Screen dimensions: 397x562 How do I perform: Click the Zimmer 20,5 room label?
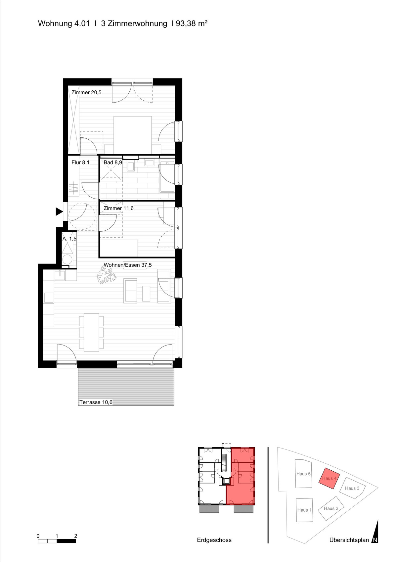86,93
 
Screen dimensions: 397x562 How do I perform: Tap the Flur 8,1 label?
80,163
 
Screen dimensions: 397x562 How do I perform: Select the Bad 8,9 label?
113,163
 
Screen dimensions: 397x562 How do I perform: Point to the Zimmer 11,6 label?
119,208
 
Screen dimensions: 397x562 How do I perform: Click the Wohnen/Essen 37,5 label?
128,265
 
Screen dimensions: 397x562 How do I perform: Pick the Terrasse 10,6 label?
96,402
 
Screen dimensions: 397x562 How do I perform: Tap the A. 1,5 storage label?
69,239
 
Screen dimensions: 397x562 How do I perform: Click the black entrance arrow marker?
59,212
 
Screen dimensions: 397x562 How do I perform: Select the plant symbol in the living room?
107,275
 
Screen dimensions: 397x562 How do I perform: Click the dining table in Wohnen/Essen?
91,332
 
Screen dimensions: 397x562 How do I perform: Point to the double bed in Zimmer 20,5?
133,135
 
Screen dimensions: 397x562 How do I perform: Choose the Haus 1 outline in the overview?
304,510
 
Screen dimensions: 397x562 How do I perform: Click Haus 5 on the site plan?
303,474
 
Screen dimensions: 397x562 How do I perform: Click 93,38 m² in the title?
192,23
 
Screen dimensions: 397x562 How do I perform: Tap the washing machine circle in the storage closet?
67,259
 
